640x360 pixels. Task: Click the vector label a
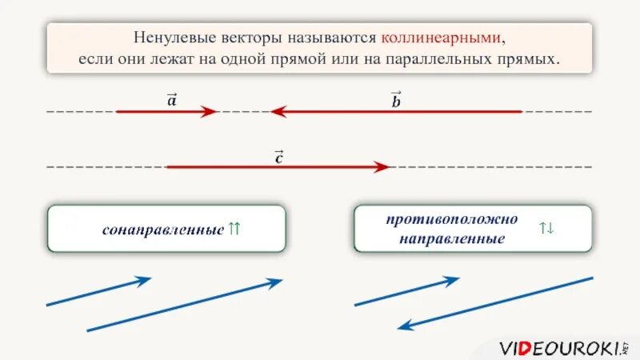click(x=172, y=99)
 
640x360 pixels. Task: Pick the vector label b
click(x=396, y=99)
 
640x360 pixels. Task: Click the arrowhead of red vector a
click(x=210, y=112)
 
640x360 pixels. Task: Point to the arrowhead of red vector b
click(x=278, y=112)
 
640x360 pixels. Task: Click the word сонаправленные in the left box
click(x=162, y=230)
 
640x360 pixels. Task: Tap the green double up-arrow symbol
click(x=234, y=229)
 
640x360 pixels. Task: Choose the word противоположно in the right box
click(x=451, y=219)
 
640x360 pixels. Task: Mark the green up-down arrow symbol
click(x=546, y=229)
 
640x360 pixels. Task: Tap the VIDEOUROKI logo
click(x=562, y=347)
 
